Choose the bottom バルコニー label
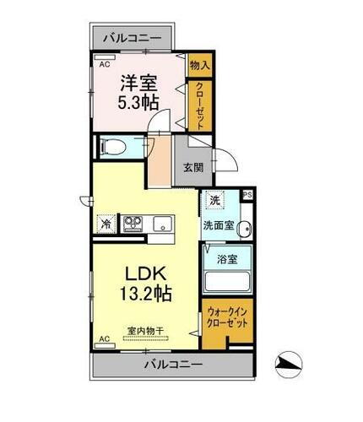tap(171, 365)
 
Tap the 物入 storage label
tap(199, 65)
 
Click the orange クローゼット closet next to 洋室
tap(200, 102)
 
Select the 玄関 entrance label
tap(193, 166)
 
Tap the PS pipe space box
tap(247, 195)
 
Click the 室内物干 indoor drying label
tap(146, 331)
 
